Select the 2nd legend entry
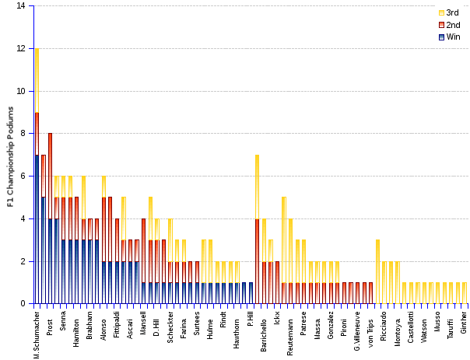click(x=452, y=25)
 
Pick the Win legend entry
click(x=452, y=37)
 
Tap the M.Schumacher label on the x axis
click(x=37, y=333)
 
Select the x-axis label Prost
click(x=50, y=322)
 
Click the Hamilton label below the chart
click(x=77, y=326)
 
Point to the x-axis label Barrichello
click(x=265, y=330)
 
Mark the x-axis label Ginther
click(x=465, y=323)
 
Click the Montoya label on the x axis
click(x=397, y=324)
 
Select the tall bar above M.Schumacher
click(x=37, y=176)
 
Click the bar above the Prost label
click(x=50, y=218)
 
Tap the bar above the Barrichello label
click(x=264, y=261)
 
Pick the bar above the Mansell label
click(x=143, y=261)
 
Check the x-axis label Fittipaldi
click(x=117, y=327)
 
